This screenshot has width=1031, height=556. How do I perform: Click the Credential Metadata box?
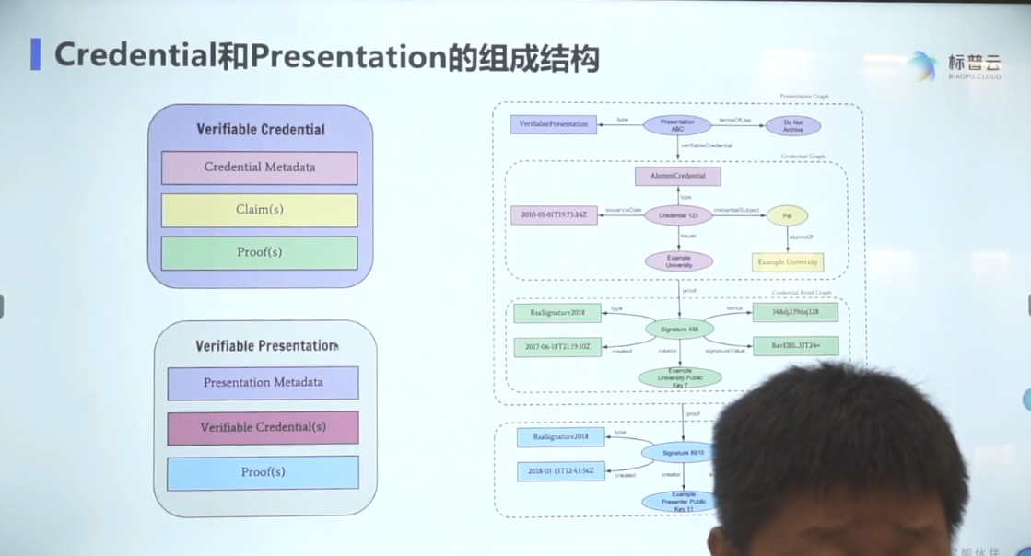pos(259,168)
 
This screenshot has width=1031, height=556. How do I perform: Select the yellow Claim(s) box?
pos(259,210)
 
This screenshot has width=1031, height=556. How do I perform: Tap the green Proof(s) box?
pos(259,252)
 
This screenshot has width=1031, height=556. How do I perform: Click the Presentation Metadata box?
pos(263,383)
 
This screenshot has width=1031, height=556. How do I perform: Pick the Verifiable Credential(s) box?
pos(263,428)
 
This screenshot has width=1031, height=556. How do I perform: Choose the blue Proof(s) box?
pos(263,472)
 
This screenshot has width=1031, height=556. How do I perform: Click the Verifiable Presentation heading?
pos(265,346)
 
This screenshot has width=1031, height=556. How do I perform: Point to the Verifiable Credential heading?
pos(260,130)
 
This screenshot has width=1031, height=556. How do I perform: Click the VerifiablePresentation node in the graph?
pos(553,123)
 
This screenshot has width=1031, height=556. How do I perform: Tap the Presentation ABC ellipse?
pos(677,125)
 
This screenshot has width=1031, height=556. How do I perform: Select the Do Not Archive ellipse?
pos(792,126)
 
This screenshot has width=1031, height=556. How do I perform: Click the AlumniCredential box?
pos(677,176)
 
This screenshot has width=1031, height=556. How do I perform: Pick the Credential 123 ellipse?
pos(678,215)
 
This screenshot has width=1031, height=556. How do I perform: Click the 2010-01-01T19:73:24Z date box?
pos(554,215)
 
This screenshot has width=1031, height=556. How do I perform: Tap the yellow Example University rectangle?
pos(788,262)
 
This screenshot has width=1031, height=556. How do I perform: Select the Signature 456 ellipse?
pos(680,328)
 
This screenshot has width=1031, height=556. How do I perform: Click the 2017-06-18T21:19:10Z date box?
pos(557,347)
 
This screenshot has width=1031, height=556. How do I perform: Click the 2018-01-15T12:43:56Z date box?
pos(561,471)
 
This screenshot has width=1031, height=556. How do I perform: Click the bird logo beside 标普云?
pos(921,64)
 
